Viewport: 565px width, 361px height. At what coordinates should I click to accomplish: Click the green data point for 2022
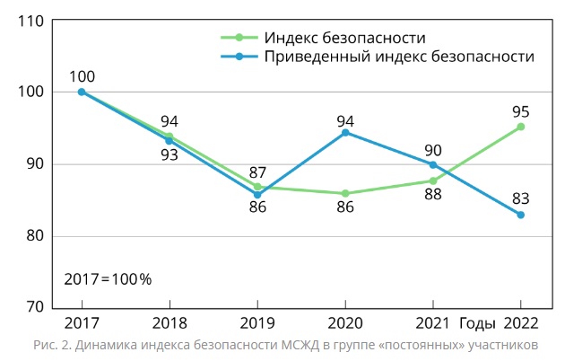click(520, 127)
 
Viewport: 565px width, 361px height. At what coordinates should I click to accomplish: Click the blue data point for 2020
click(345, 133)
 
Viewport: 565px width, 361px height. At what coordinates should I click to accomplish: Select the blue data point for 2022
click(520, 215)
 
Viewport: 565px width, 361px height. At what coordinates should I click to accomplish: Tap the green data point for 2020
click(345, 193)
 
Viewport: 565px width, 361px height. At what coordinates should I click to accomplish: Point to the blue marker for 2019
click(257, 194)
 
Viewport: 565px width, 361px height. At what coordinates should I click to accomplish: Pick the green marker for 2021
click(432, 180)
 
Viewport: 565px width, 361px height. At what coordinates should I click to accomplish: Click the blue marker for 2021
click(432, 164)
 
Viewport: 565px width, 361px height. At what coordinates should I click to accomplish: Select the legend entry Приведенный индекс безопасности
click(398, 56)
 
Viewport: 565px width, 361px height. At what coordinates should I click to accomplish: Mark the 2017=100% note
click(108, 278)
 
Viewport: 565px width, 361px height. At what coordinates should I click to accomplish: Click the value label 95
click(520, 112)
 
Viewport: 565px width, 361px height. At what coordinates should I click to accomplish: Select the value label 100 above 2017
click(82, 76)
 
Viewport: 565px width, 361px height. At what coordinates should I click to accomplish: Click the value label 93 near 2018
click(169, 154)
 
